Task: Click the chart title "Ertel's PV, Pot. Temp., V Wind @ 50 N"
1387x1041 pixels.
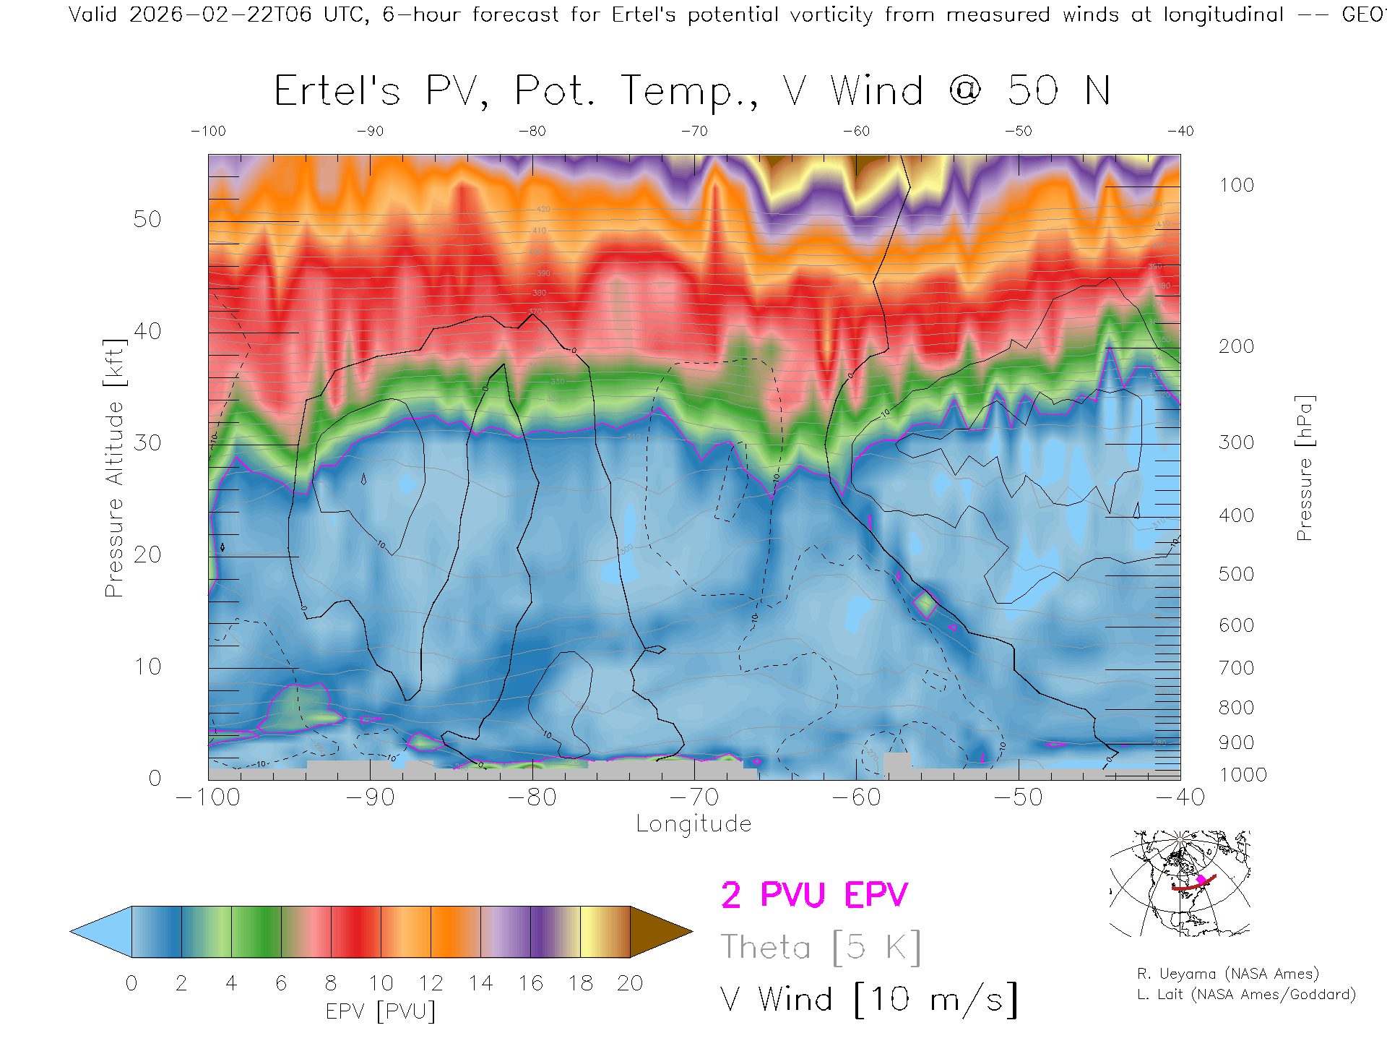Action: (x=692, y=92)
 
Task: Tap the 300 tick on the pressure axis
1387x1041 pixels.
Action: (x=1236, y=442)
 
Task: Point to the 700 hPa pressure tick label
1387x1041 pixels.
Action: (x=1236, y=668)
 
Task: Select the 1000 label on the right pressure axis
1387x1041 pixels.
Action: (x=1243, y=775)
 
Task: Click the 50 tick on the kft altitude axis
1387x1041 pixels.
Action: (x=147, y=219)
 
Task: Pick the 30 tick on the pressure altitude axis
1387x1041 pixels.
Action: (x=147, y=442)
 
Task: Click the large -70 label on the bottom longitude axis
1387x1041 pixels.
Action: (x=694, y=797)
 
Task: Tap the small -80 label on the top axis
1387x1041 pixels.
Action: (x=532, y=132)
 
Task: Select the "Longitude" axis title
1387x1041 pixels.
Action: (x=693, y=824)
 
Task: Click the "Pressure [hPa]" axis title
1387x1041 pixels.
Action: (x=1304, y=468)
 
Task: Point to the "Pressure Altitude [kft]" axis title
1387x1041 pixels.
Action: (x=115, y=468)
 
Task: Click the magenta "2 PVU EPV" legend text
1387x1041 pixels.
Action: (x=814, y=895)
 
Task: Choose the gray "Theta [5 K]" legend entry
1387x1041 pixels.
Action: (x=821, y=947)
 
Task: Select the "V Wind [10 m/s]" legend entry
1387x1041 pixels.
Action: (x=869, y=1000)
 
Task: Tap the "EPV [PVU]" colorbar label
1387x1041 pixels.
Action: (x=381, y=1011)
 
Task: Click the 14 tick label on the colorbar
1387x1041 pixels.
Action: (x=480, y=983)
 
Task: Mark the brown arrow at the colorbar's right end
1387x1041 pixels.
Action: (x=659, y=932)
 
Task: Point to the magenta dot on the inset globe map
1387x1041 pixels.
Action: (x=1201, y=880)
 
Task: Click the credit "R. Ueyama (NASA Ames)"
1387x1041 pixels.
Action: (x=1228, y=974)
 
